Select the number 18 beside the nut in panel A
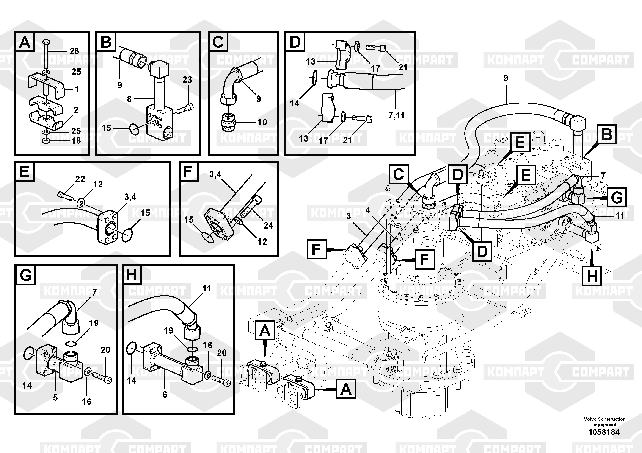[x=76, y=140]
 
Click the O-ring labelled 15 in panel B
[x=134, y=129]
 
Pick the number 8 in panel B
[x=129, y=99]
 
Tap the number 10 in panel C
[x=262, y=122]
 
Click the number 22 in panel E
[x=80, y=179]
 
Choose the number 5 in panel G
[x=55, y=397]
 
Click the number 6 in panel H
[x=165, y=394]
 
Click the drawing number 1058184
[x=604, y=432]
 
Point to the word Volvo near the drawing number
[x=590, y=419]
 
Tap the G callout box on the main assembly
[x=617, y=198]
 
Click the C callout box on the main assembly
[x=399, y=174]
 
